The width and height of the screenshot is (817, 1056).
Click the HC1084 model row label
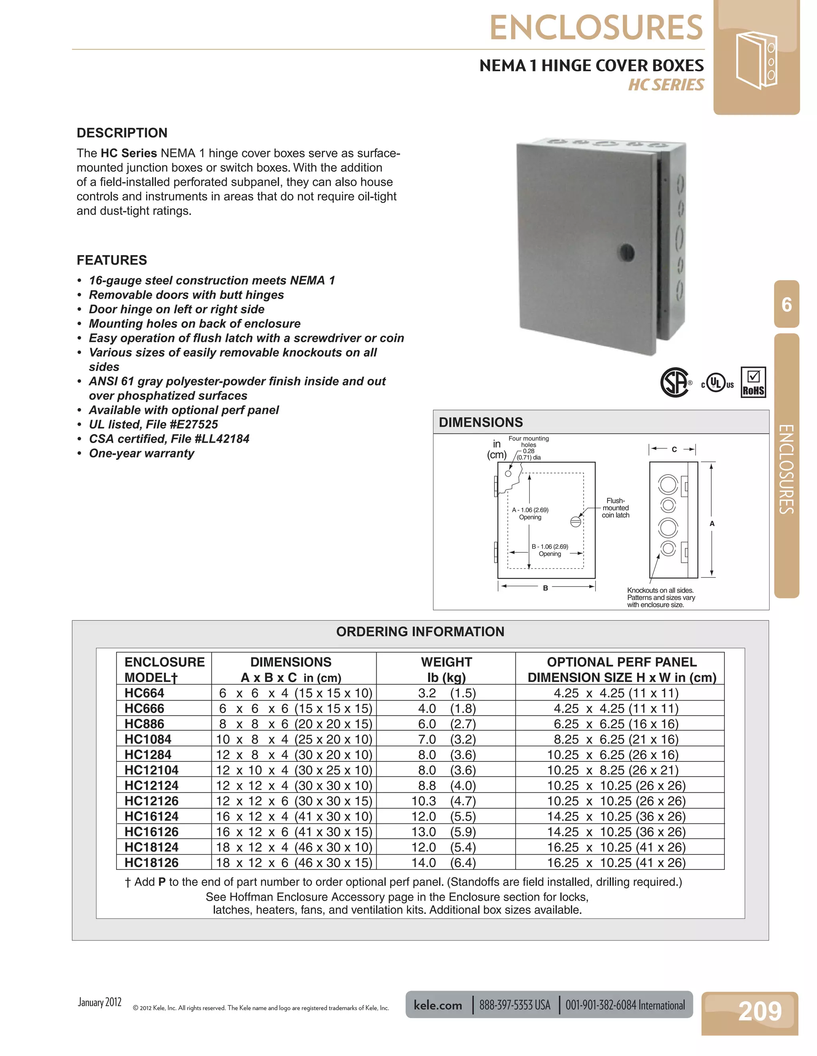click(x=148, y=739)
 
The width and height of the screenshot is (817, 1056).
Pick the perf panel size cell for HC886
click(x=619, y=723)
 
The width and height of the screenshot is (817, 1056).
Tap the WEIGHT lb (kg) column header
click(x=446, y=669)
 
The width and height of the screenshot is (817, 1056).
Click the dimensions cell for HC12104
click(x=294, y=770)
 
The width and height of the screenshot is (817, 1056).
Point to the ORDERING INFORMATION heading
click(x=420, y=632)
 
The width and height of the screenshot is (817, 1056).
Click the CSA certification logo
click(x=674, y=383)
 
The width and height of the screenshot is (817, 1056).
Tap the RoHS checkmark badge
click(x=753, y=383)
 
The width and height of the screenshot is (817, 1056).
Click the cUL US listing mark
click(x=717, y=383)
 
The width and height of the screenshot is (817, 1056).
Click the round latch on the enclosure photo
click(x=626, y=252)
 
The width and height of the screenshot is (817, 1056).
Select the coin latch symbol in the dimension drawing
click(x=576, y=521)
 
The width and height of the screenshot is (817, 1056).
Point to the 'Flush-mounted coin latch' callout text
click(x=615, y=508)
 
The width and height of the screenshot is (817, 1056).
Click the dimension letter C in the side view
click(x=674, y=449)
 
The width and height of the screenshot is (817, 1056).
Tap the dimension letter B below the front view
click(x=545, y=588)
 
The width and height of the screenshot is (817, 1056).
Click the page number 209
click(x=760, y=1011)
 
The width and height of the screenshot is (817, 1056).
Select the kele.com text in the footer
click(x=438, y=1005)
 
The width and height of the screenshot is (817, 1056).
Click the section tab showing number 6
click(x=787, y=304)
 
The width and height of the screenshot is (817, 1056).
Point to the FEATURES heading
click(x=112, y=260)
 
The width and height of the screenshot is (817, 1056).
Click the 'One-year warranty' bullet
click(x=141, y=453)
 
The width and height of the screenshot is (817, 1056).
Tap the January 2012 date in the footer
click(x=100, y=1002)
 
